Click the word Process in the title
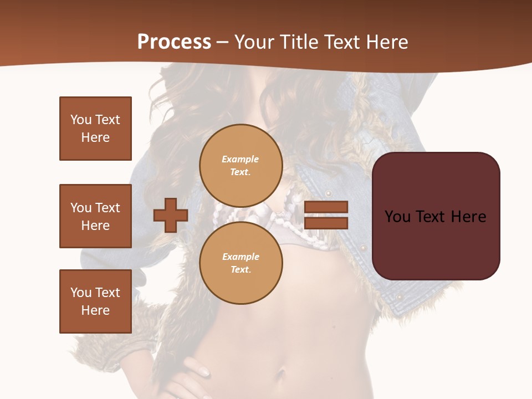(174, 42)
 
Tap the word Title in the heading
(297, 42)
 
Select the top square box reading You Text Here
(95, 129)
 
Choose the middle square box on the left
(95, 216)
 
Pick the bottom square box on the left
(95, 301)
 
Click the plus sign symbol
(171, 215)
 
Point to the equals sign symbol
(326, 215)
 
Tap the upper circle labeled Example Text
(241, 165)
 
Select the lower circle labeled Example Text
(241, 263)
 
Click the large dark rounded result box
(436, 216)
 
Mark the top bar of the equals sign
(326, 207)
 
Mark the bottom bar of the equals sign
(326, 223)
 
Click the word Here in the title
(387, 42)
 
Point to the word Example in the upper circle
(241, 159)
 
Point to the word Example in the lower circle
(241, 257)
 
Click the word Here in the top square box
(95, 137)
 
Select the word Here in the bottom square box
(95, 310)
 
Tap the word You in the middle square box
(81, 208)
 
